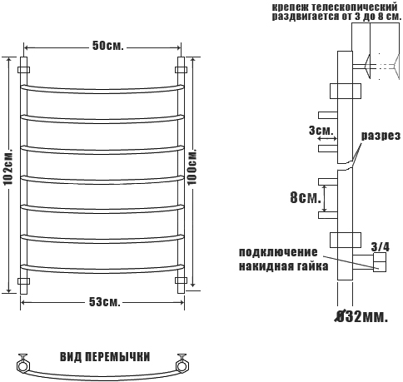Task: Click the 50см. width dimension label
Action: pos(107,46)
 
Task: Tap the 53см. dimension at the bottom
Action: pos(105,302)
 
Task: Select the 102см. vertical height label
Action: pos(8,168)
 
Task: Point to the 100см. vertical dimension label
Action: pos(192,167)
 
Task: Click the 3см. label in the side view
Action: pos(321,130)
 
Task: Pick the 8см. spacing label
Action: pos(306,198)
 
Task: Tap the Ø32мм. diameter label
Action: pos(361,316)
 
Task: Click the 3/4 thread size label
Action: pos(381,246)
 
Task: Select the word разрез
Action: pos(381,136)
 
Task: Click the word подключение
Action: pos(278,252)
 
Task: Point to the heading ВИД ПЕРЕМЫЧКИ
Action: pos(105,357)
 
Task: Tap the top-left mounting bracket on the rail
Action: pos(23,69)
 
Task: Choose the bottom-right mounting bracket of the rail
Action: pos(181,280)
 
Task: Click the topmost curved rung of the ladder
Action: pos(102,89)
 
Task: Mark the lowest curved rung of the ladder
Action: pos(102,270)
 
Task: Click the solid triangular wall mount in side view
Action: pos(368,66)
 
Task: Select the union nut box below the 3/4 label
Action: pos(380,265)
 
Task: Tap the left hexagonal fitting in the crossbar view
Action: pos(23,365)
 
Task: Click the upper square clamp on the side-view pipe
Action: pos(346,91)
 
